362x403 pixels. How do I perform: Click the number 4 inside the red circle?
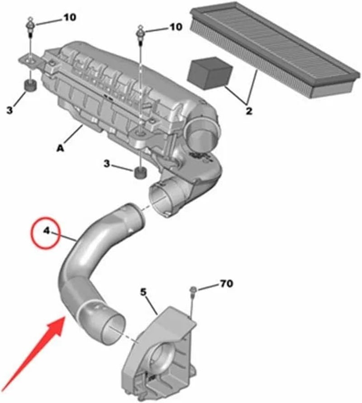coord(46,231)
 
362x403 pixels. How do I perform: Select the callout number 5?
coord(143,292)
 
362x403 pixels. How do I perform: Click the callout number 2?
coord(248,110)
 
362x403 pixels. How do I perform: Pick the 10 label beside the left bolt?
coord(70,18)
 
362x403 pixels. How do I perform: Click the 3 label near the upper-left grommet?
coord(10,110)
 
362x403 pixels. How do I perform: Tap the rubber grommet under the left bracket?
coord(31,85)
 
